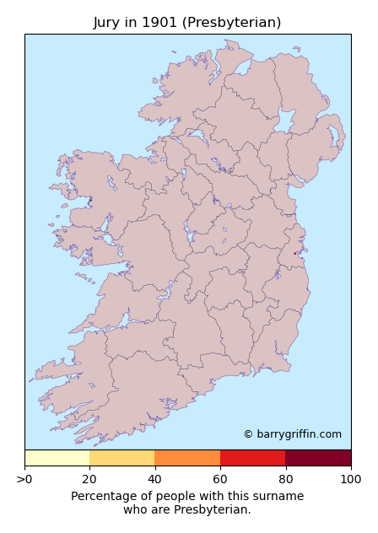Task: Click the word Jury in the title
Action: [x=107, y=23]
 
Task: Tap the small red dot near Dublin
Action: [x=294, y=253]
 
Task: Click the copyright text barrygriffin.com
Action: [x=292, y=434]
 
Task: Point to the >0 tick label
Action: [x=24, y=480]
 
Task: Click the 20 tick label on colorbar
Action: [x=89, y=480]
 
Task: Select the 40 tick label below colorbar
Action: [x=154, y=480]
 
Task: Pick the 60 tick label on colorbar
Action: [x=220, y=480]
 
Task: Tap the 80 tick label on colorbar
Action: [x=285, y=480]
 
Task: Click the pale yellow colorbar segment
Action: [x=57, y=458]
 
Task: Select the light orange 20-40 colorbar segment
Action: [x=122, y=458]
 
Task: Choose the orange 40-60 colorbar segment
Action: [x=187, y=458]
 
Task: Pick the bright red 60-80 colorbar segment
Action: [x=252, y=458]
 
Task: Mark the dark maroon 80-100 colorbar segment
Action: [x=318, y=458]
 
